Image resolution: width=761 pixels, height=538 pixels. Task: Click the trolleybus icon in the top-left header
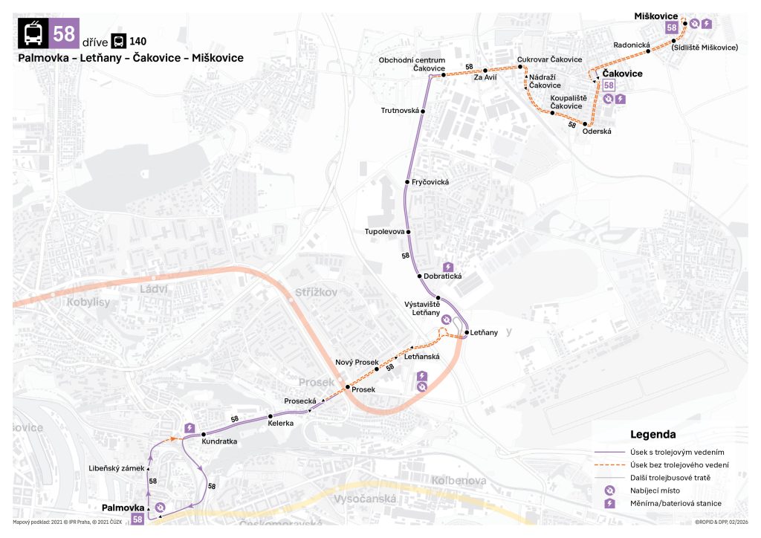(x=33, y=33)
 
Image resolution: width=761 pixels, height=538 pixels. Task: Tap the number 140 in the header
(x=137, y=41)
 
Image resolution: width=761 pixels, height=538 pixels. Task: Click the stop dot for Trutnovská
(x=423, y=111)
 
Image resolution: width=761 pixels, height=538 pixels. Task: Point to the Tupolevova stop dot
(x=409, y=232)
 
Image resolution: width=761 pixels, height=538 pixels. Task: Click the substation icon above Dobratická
(x=447, y=267)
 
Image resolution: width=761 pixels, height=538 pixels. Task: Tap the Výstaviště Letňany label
(x=422, y=308)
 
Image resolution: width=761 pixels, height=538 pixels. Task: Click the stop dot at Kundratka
(x=203, y=434)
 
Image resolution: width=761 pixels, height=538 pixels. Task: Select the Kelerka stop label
(x=281, y=423)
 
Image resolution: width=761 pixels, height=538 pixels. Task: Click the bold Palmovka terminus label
(x=123, y=508)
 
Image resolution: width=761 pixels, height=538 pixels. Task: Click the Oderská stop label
(x=597, y=132)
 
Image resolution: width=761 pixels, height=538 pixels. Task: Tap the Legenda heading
(x=652, y=434)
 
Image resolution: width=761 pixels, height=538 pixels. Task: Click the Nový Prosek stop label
(x=357, y=362)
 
